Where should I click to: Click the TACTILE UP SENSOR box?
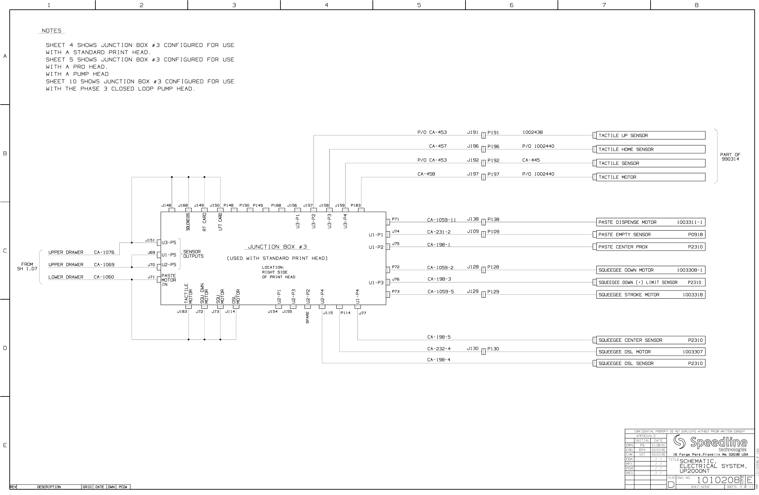click(x=650, y=135)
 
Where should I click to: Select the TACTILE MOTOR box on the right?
click(x=650, y=177)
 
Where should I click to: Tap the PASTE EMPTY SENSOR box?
click(x=650, y=235)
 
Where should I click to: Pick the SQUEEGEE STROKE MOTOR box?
click(x=650, y=295)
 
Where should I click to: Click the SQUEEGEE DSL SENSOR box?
click(x=650, y=363)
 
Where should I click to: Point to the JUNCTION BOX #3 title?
click(x=277, y=247)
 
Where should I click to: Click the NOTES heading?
click(x=52, y=31)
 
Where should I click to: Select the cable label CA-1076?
click(x=104, y=252)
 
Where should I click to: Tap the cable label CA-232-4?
click(x=439, y=349)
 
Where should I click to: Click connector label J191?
click(x=473, y=132)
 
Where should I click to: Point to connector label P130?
click(x=493, y=349)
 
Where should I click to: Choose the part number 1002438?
click(x=532, y=132)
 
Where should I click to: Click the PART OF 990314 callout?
click(x=730, y=157)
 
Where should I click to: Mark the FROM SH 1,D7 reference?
click(x=27, y=266)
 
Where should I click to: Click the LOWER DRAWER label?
click(x=66, y=277)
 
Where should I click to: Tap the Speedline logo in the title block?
click(x=710, y=443)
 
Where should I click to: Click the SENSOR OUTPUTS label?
click(x=193, y=254)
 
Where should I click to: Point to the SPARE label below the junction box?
click(x=308, y=318)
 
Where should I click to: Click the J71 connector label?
click(x=151, y=277)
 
